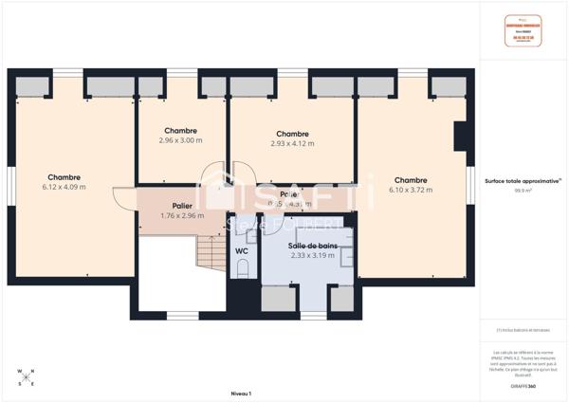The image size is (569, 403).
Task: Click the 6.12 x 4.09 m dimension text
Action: coord(64,187)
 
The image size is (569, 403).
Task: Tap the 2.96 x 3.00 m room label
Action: coord(180,140)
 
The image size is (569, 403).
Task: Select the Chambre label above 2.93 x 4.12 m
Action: coord(292,134)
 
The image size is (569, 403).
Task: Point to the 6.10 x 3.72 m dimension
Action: coord(410,190)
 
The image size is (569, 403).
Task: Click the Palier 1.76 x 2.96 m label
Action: coord(183,211)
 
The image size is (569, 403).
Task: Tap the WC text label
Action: coord(242,250)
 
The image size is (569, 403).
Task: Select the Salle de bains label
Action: coord(312,246)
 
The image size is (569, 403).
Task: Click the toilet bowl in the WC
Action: coord(243,268)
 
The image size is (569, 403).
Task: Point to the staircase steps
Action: coord(210,252)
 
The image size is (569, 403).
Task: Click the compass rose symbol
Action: coord(26,376)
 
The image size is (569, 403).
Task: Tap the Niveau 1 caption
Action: coord(240,392)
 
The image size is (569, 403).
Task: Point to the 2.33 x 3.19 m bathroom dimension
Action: coord(312,255)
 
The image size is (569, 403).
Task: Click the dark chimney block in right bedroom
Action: coord(461,137)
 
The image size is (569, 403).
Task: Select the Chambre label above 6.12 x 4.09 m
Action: coord(64,176)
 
